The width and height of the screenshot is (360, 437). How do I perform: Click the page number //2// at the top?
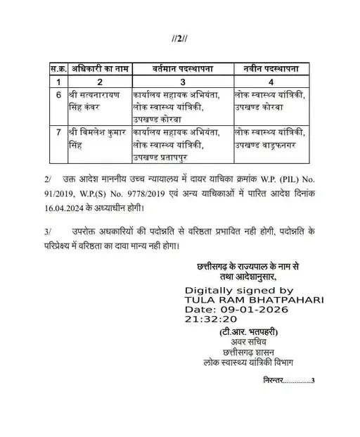pyautogui.click(x=181, y=36)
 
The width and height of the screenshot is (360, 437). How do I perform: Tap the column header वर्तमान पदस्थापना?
pyautogui.click(x=181, y=69)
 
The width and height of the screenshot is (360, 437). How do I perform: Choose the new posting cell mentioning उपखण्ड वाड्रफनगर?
pyautogui.click(x=271, y=138)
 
